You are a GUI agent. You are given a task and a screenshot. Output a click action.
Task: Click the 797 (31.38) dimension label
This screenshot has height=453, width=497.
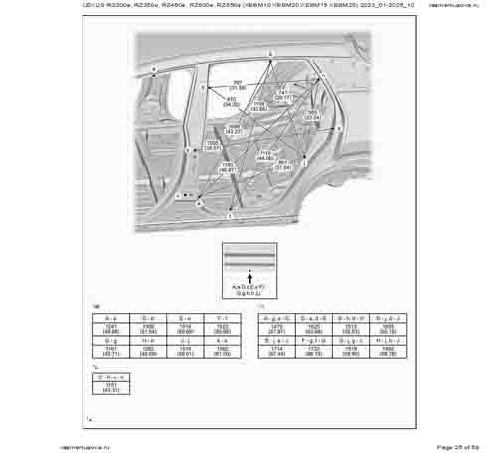pos(239,85)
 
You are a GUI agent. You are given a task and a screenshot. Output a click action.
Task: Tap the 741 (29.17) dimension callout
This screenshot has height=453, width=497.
pos(283,95)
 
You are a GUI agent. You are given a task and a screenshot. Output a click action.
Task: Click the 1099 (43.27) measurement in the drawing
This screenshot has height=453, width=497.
pos(235,129)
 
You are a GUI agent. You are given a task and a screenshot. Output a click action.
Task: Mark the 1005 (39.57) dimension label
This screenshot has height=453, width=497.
pos(212,146)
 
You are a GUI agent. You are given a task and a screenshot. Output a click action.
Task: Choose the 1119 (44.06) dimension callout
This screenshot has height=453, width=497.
pos(265,156)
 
